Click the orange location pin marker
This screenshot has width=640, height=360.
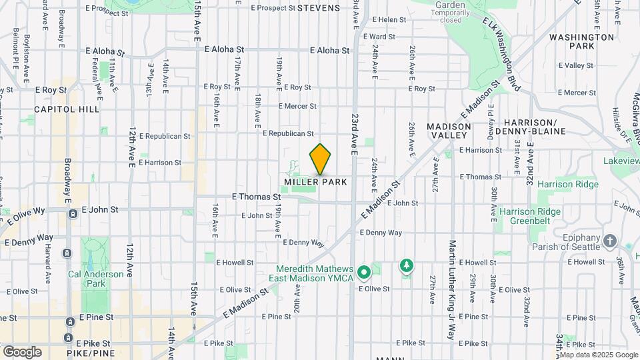321,159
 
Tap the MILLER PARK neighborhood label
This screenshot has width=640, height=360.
315,182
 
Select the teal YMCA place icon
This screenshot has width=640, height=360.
364,273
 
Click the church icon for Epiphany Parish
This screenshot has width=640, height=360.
609,241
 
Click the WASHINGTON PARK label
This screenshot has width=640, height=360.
581,41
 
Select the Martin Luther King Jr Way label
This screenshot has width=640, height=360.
452,290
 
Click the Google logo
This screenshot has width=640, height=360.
21,351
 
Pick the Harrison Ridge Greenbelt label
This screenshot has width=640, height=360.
529,216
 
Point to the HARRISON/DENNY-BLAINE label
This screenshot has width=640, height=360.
539,127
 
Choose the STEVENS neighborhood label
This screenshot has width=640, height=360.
319,8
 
